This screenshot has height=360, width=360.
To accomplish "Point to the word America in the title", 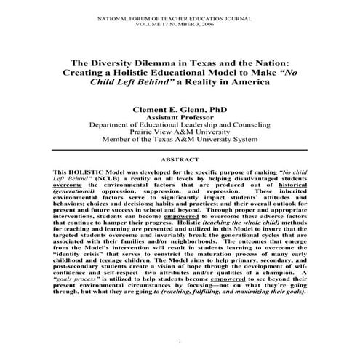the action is [x=246, y=82].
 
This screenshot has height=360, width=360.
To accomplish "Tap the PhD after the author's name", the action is [x=221, y=106].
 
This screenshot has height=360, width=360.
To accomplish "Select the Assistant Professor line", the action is [x=179, y=116].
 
